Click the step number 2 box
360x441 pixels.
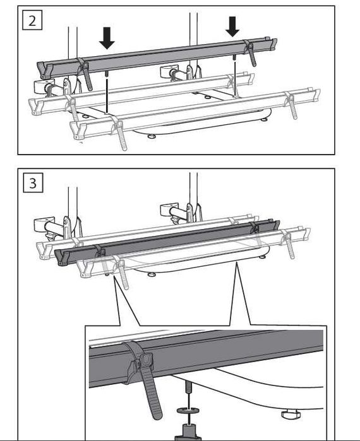(x=32, y=20)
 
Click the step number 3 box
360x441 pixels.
(x=33, y=183)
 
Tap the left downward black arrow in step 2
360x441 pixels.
(x=107, y=38)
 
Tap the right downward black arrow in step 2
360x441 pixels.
(x=232, y=26)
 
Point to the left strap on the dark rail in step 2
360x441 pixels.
(x=85, y=73)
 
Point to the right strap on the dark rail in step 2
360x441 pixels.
(x=250, y=52)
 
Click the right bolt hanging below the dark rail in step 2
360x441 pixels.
(x=234, y=58)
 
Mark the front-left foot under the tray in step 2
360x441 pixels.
(x=152, y=137)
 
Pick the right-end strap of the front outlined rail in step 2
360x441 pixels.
(x=291, y=105)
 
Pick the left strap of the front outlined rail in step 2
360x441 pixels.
(x=119, y=132)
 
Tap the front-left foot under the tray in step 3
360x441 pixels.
(x=152, y=274)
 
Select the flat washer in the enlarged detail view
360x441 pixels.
(x=188, y=411)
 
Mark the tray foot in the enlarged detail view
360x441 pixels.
(x=291, y=415)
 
